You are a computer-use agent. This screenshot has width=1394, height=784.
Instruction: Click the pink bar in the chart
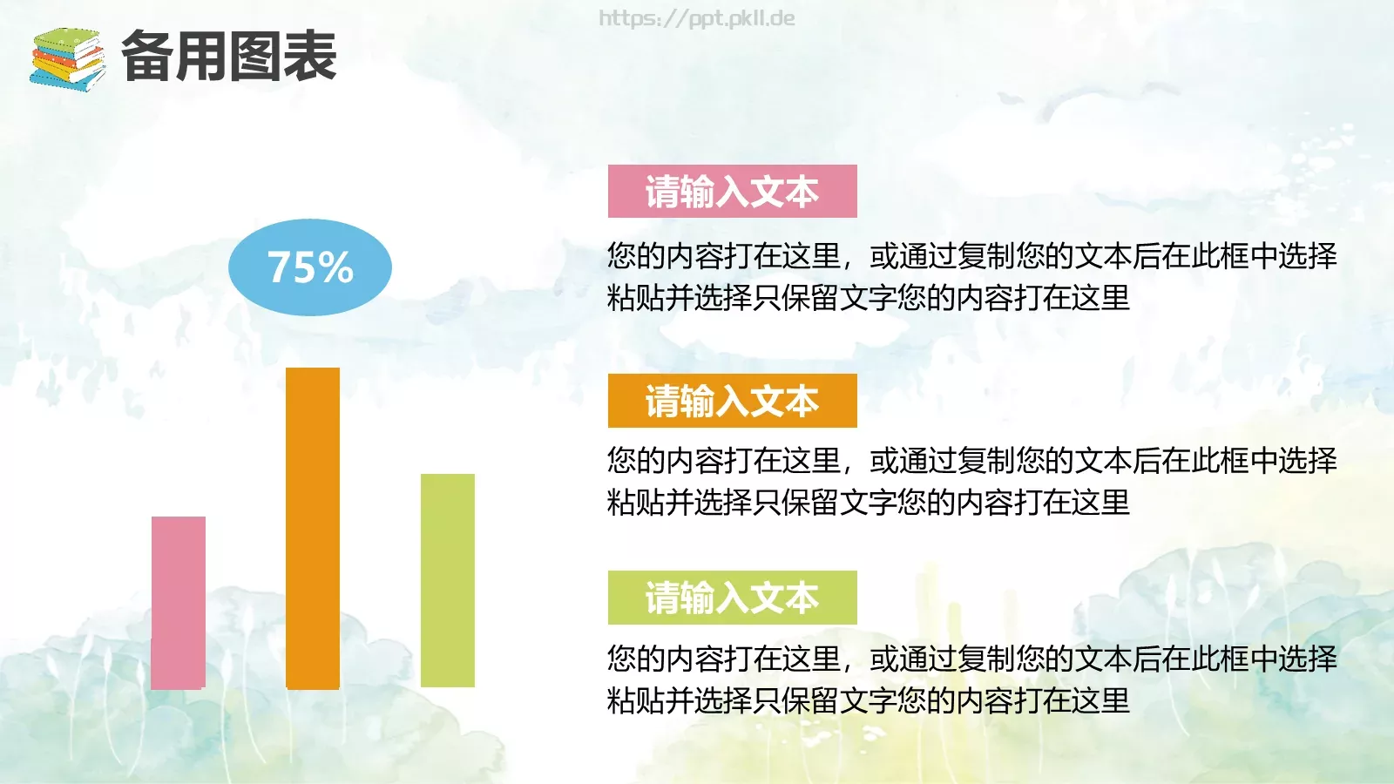point(179,603)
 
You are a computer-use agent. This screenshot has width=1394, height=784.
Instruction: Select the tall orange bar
point(313,528)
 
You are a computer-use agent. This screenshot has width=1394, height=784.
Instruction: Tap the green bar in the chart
point(448,580)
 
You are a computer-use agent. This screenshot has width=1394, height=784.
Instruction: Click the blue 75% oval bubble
point(310,267)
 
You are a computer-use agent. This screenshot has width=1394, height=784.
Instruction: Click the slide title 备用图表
point(228,57)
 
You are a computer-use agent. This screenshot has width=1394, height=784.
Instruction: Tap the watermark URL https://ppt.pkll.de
point(697,18)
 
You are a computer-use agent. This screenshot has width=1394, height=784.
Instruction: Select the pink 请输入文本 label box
point(732,192)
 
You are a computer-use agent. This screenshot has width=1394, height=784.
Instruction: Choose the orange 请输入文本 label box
point(732,401)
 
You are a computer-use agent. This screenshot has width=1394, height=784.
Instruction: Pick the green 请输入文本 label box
point(732,598)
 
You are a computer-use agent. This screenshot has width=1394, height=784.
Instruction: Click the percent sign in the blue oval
point(336,267)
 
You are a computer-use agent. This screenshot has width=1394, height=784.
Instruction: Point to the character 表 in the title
point(310,57)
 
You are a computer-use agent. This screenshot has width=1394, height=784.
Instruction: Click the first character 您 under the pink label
point(621,256)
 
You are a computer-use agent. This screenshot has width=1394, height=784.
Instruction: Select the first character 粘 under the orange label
point(621,503)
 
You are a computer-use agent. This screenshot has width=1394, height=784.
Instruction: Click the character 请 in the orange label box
point(662,402)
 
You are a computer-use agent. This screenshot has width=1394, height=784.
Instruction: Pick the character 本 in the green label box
point(802,598)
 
